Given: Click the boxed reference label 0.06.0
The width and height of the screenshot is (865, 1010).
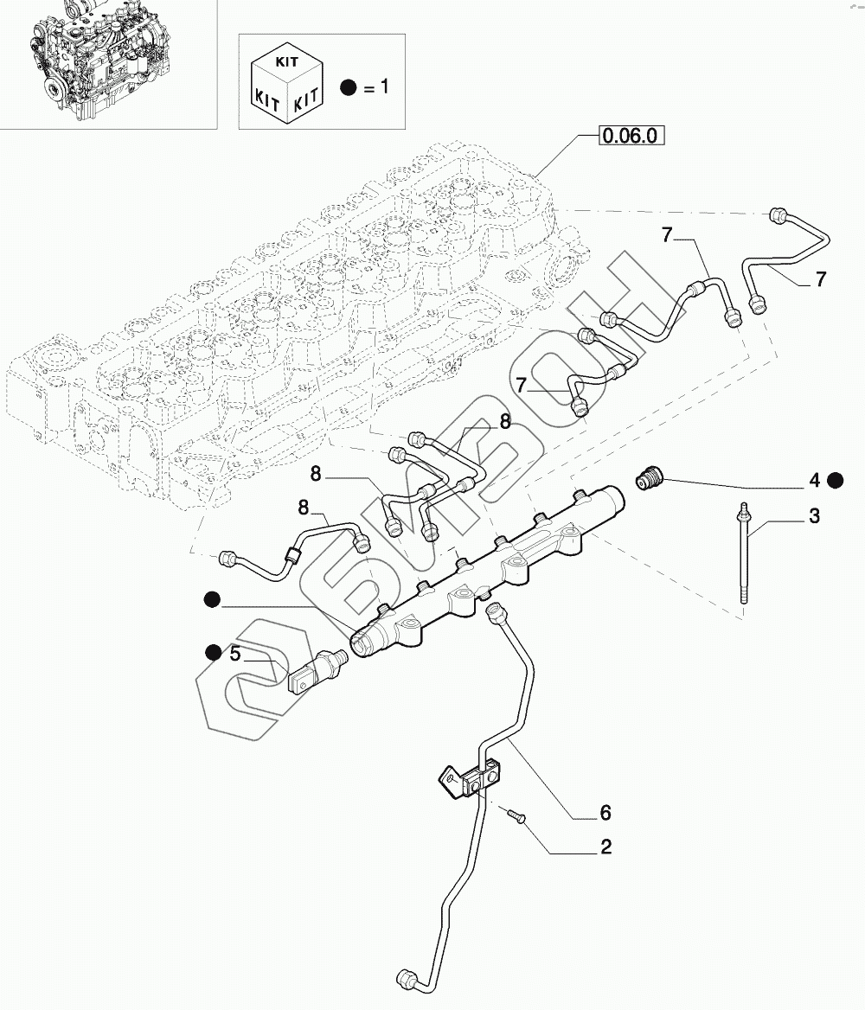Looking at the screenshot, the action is pyautogui.click(x=631, y=136).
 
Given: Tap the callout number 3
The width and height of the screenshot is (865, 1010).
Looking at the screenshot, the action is pyautogui.click(x=814, y=516).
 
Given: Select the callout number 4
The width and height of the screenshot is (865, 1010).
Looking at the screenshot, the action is pyautogui.click(x=815, y=480).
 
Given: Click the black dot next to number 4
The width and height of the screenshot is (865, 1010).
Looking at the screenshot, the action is pyautogui.click(x=836, y=480).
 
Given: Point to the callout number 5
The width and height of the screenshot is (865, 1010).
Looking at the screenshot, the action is pyautogui.click(x=235, y=654).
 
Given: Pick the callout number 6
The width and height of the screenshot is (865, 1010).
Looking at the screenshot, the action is pyautogui.click(x=605, y=813).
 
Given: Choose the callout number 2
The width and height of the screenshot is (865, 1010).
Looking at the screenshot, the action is pyautogui.click(x=605, y=847).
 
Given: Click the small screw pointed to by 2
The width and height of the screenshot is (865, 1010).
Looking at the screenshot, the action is pyautogui.click(x=517, y=816).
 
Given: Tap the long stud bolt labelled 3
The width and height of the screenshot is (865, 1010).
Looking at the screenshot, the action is pyautogui.click(x=744, y=553).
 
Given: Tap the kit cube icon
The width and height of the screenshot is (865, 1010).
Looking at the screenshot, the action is pyautogui.click(x=287, y=85).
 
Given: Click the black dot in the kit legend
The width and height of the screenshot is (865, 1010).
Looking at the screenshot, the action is pyautogui.click(x=349, y=87).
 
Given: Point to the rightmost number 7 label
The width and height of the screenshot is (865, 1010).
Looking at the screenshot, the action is pyautogui.click(x=820, y=279).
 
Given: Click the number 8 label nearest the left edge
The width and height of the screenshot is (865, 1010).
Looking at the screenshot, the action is pyautogui.click(x=304, y=508).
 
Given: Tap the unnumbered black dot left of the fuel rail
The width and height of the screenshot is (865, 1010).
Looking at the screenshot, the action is pyautogui.click(x=212, y=600).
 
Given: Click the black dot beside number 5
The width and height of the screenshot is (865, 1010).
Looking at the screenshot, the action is pyautogui.click(x=214, y=653).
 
